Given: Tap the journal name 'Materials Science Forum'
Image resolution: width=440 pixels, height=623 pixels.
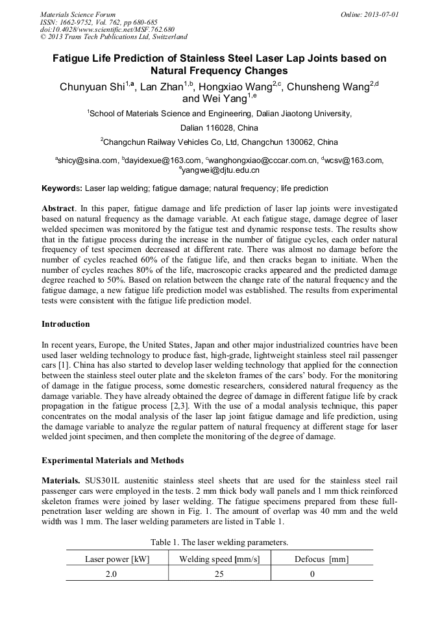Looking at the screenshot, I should [x=78, y=14].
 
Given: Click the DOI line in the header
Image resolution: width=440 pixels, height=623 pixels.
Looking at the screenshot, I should [x=107, y=30].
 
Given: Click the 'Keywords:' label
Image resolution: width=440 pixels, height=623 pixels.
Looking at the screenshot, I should [x=62, y=188].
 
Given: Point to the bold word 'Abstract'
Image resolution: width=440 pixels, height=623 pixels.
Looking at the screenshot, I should [x=58, y=209].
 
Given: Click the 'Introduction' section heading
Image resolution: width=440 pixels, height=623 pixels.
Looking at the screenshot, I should [x=66, y=324].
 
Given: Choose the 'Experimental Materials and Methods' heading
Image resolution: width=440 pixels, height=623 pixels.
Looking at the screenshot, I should [x=112, y=461].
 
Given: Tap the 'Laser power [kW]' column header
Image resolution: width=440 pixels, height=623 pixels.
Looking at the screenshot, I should [x=117, y=559].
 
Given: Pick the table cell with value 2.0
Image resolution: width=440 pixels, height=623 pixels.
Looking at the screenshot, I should [x=117, y=574].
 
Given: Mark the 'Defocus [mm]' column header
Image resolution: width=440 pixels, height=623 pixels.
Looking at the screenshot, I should [x=321, y=559].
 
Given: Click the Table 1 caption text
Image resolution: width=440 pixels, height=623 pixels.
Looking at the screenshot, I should [x=219, y=542].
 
